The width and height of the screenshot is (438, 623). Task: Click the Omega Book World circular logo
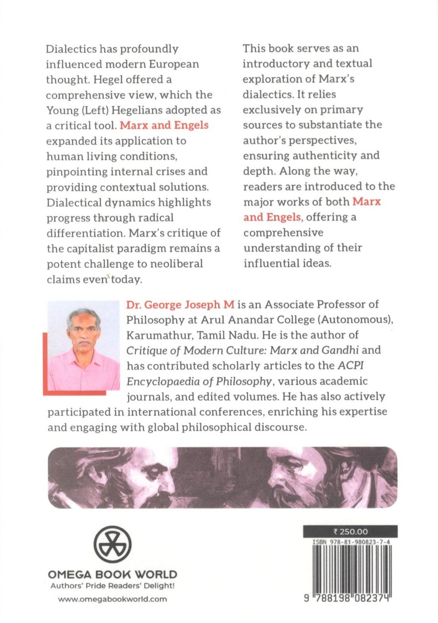tap(112, 544)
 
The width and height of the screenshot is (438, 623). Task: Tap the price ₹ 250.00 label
tap(351, 532)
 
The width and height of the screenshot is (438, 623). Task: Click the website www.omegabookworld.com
tap(112, 599)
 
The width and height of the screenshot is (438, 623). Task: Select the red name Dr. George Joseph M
tap(180, 304)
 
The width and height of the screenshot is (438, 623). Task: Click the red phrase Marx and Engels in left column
tap(164, 125)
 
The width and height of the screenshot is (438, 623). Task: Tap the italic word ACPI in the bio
tap(351, 366)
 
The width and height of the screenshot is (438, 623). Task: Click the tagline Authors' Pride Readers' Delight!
tap(112, 586)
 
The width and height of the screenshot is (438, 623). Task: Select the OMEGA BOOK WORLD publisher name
tap(112, 574)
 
